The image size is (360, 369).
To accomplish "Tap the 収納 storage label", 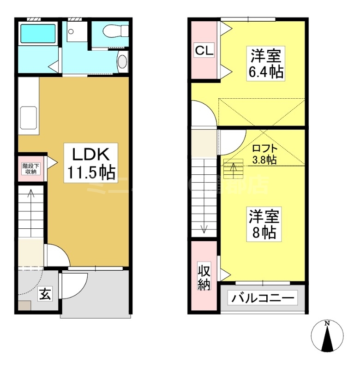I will pos(204,277).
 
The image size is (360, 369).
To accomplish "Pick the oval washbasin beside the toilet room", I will pos(122,62).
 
